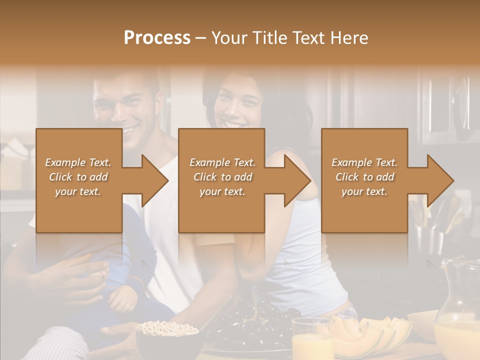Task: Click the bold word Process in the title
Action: [157, 38]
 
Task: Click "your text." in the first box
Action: [78, 191]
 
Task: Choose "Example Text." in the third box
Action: [364, 162]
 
